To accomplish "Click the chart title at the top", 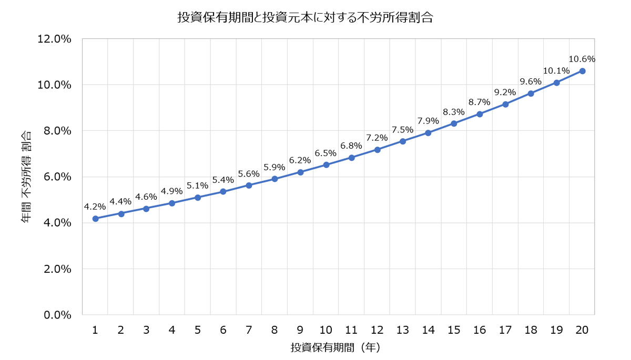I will (305, 17).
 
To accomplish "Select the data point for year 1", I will (95, 219).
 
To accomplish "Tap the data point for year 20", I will (582, 71).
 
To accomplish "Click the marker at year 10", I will (326, 165).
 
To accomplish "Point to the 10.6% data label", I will (582, 59).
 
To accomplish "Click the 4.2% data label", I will (95, 207).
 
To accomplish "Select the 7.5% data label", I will (403, 129).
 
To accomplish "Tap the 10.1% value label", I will (556, 70).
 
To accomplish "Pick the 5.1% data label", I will (198, 186).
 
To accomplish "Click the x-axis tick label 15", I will (454, 330).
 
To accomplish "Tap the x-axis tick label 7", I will (249, 330).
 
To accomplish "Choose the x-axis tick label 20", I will (582, 330).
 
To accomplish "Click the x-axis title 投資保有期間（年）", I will (335, 347).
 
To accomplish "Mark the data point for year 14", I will (429, 133).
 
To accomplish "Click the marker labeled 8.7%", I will (480, 114).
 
